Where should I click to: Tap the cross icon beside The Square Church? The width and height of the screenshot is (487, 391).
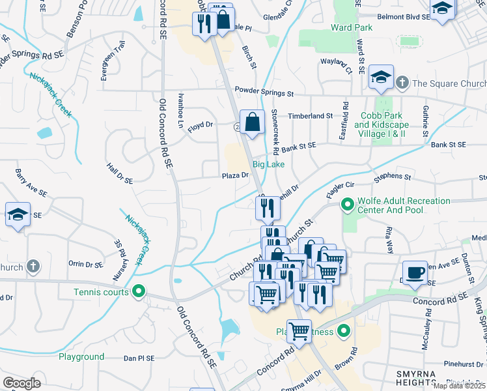pyautogui.click(x=402, y=83)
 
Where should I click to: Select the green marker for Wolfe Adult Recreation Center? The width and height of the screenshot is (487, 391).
pyautogui.click(x=347, y=205)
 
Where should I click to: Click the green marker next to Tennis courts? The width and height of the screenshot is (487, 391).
pyautogui.click(x=137, y=291)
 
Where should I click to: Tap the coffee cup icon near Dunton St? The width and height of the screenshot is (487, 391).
pyautogui.click(x=414, y=272)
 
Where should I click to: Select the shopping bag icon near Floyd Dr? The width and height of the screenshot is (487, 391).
pyautogui.click(x=253, y=121)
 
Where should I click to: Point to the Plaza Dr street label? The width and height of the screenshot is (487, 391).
pyautogui.click(x=235, y=175)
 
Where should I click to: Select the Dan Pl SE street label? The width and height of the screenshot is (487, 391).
pyautogui.click(x=139, y=358)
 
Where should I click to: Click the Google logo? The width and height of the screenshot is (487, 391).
pyautogui.click(x=21, y=383)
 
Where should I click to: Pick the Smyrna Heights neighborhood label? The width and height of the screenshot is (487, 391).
pyautogui.click(x=423, y=372)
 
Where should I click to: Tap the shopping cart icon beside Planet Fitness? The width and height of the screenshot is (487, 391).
pyautogui.click(x=299, y=331)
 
